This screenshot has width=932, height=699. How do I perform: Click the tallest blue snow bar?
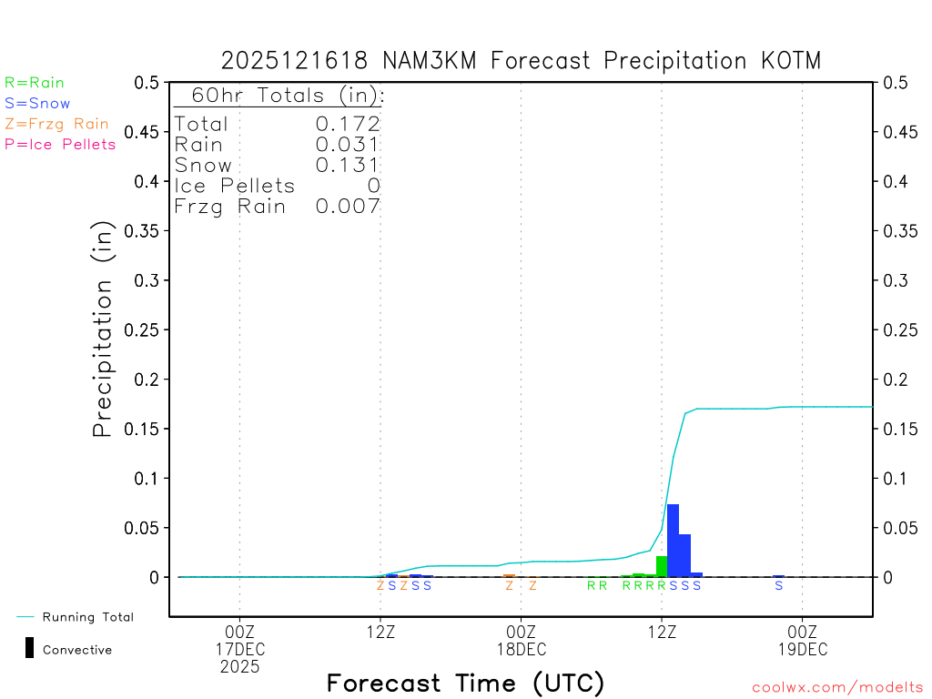[674, 541]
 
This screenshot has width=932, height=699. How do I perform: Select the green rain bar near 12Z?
[662, 566]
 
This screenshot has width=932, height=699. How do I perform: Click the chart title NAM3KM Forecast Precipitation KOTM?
[521, 61]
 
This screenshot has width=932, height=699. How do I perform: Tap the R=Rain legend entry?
[35, 83]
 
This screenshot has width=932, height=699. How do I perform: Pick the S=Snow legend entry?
[37, 104]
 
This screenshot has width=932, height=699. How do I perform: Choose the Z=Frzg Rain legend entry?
[56, 124]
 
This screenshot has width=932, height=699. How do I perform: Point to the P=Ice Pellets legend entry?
[60, 144]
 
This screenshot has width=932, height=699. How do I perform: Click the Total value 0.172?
[348, 124]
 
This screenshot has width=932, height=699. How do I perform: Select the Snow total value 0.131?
[348, 165]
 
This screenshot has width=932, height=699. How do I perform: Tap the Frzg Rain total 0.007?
[348, 207]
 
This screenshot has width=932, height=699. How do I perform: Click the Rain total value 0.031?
[348, 144]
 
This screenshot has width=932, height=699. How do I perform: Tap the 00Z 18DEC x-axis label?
[521, 641]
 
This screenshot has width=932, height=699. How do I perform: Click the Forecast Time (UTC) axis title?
[465, 683]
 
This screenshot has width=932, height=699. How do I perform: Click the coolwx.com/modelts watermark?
[837, 688]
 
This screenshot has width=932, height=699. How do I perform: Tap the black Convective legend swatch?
[29, 648]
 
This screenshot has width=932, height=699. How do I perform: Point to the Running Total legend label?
[88, 617]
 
